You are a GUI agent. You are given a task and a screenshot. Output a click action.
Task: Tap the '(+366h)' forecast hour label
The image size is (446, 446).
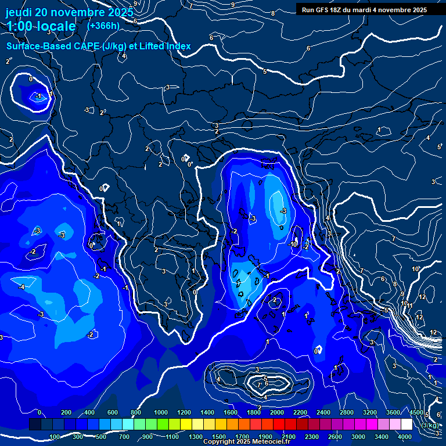point(103,26)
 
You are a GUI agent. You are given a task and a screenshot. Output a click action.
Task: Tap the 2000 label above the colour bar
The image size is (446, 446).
point(277,412)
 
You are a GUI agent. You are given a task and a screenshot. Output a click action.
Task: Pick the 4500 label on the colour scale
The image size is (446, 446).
point(416,412)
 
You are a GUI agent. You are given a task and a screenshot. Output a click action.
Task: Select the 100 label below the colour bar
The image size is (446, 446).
point(55,437)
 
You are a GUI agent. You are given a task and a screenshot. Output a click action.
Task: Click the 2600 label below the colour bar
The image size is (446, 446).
point(336,437)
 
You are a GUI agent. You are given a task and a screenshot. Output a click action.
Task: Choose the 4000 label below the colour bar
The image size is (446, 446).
point(405,437)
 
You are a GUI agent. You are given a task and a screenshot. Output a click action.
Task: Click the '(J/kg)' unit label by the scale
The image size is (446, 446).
point(430,425)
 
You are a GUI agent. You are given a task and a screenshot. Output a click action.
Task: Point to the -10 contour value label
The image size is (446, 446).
point(293,244)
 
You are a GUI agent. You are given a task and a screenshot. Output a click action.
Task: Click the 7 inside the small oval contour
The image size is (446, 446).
point(259,384)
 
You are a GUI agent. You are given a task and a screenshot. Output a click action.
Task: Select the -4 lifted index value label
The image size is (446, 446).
point(21,287)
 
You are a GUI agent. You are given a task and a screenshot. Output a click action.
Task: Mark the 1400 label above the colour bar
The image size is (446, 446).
point(207,412)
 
